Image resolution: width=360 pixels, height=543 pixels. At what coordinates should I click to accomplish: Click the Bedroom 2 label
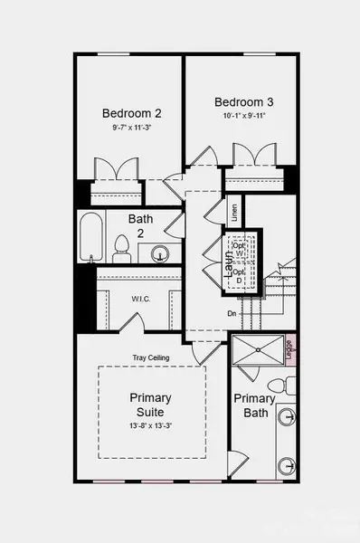click(131, 113)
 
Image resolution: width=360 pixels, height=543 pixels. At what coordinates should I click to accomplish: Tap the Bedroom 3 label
click(243, 101)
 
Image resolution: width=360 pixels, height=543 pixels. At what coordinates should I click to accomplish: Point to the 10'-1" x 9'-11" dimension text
click(243, 116)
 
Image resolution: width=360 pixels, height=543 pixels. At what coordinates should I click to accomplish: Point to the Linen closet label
click(234, 214)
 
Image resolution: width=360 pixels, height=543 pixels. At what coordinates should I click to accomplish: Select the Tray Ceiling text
click(151, 357)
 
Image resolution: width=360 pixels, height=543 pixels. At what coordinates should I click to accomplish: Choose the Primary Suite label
click(150, 405)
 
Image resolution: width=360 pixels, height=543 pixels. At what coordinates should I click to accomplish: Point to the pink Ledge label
click(289, 348)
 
